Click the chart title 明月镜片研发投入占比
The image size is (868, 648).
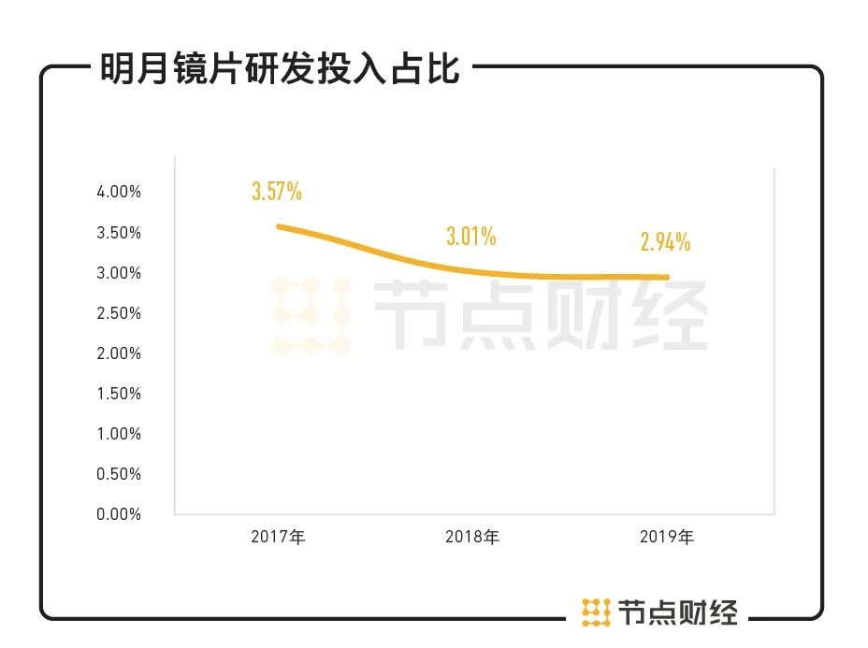click(x=280, y=69)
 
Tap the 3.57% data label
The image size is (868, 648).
click(x=276, y=193)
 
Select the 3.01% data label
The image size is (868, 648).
click(x=470, y=237)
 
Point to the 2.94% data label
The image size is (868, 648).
click(x=665, y=242)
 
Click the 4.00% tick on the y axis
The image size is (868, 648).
click(x=119, y=192)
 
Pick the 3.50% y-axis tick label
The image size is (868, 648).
click(x=119, y=233)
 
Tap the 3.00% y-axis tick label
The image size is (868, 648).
click(x=119, y=273)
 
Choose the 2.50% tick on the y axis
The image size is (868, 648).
click(x=119, y=313)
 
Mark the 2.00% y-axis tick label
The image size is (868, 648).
click(x=119, y=353)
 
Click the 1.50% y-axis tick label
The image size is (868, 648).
click(x=119, y=394)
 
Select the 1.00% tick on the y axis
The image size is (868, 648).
click(x=119, y=434)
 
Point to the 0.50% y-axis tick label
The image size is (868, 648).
click(x=119, y=474)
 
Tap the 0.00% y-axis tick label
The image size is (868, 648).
click(x=119, y=514)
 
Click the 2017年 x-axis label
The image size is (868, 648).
click(x=278, y=538)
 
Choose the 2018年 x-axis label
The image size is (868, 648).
click(x=472, y=538)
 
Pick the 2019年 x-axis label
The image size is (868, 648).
click(x=667, y=538)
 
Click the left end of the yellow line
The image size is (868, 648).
click(x=253, y=226)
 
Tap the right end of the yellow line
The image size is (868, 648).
click(x=667, y=277)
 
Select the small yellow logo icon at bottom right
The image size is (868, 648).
click(x=596, y=612)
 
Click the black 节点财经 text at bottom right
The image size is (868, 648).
click(x=678, y=612)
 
